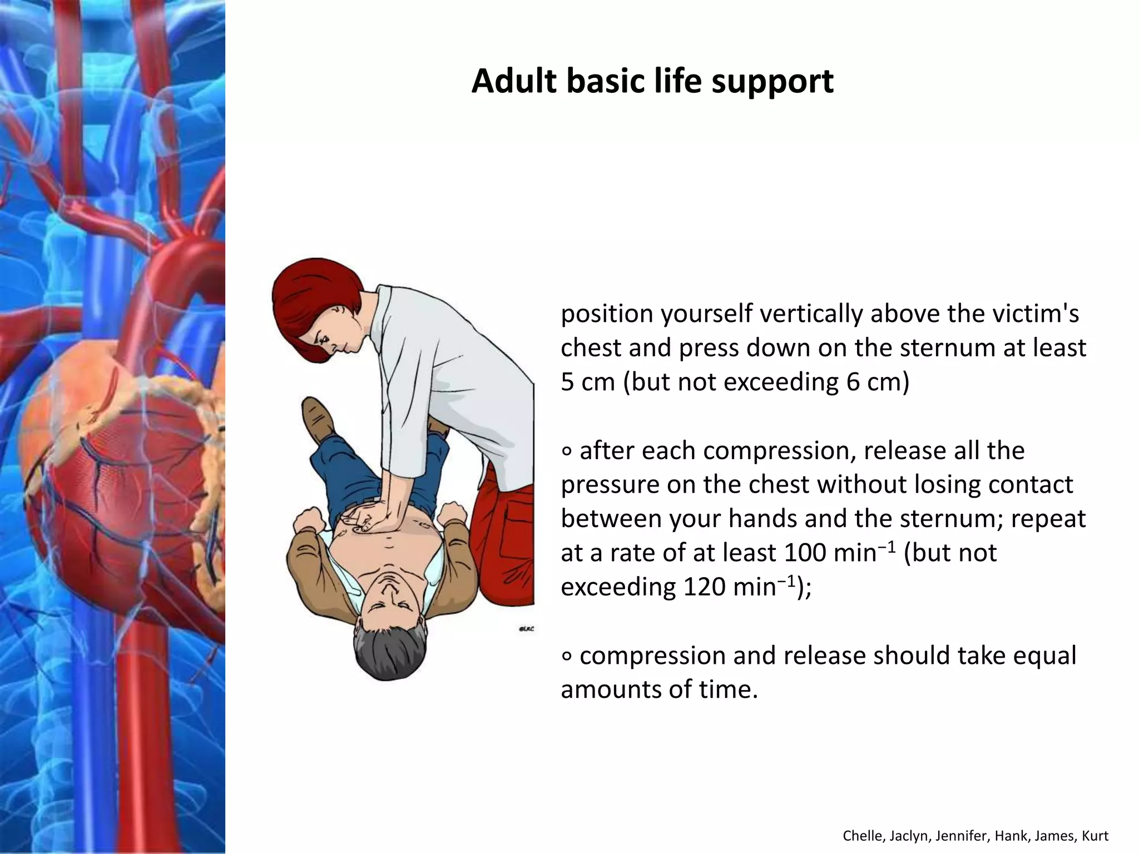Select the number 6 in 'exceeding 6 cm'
(x=853, y=383)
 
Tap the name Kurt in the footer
(x=1095, y=836)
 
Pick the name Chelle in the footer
(x=858, y=836)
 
